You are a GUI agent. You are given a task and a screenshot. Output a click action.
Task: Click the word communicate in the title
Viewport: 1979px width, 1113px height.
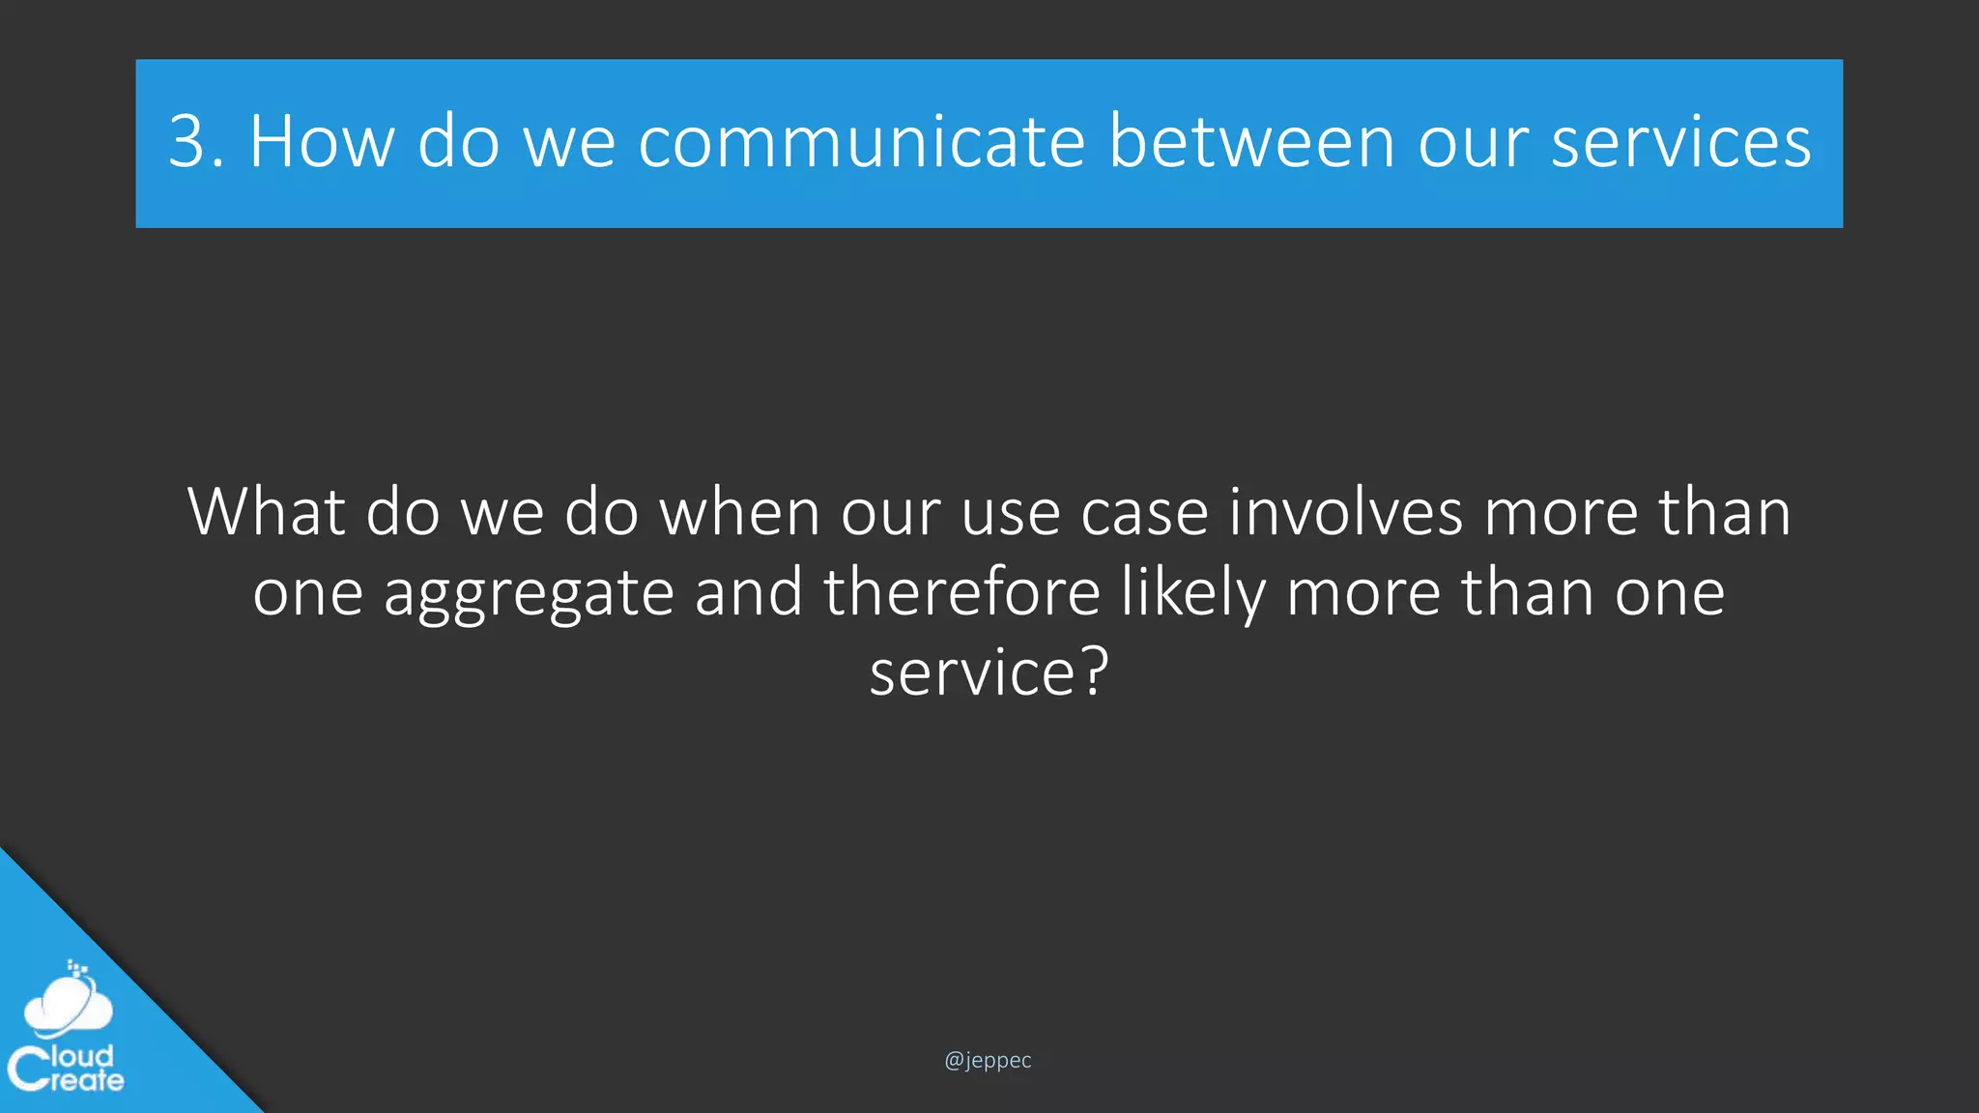coord(862,142)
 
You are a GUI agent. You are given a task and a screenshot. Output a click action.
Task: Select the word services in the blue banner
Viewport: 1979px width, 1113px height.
coord(1680,142)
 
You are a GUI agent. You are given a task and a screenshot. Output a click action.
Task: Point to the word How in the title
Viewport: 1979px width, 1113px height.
coord(322,142)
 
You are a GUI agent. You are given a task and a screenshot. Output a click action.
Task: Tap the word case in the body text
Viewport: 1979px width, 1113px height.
coord(1144,513)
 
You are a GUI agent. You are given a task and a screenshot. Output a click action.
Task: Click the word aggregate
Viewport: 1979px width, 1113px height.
coord(529,593)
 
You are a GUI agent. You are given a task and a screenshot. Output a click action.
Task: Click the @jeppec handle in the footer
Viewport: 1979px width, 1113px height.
coord(988,1060)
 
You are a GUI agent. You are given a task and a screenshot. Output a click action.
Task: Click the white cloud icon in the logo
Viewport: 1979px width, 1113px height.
coord(68,1006)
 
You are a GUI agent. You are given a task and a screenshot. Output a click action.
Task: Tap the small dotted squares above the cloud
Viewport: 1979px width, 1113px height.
coord(77,967)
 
